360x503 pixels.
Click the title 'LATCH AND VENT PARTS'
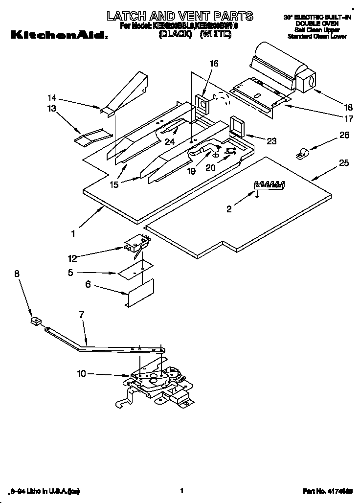[x=180, y=16]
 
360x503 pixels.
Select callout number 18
[x=335, y=107]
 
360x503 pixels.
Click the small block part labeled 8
[x=34, y=321]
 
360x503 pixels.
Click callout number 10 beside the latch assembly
[x=81, y=374]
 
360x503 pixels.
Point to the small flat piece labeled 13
[x=86, y=138]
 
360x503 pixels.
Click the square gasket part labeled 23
[x=238, y=125]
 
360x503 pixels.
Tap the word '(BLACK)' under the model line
[x=174, y=36]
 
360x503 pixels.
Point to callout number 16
[x=214, y=64]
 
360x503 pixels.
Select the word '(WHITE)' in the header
[x=215, y=36]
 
